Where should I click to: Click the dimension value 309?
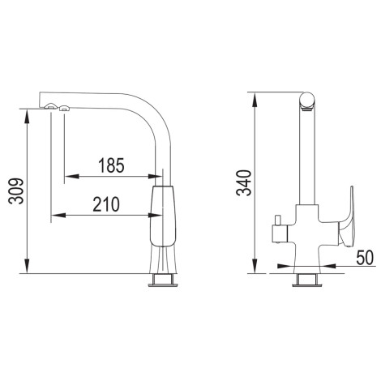16,190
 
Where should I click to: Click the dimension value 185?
111,165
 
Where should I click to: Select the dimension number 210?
106,204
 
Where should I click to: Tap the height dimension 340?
244,182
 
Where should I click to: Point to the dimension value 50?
365,258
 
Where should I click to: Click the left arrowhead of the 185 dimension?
72,177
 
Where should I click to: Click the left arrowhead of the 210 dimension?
58,216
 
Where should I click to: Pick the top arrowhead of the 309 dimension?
27,117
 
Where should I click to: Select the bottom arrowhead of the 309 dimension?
27,266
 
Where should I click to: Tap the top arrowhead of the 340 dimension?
255,100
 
